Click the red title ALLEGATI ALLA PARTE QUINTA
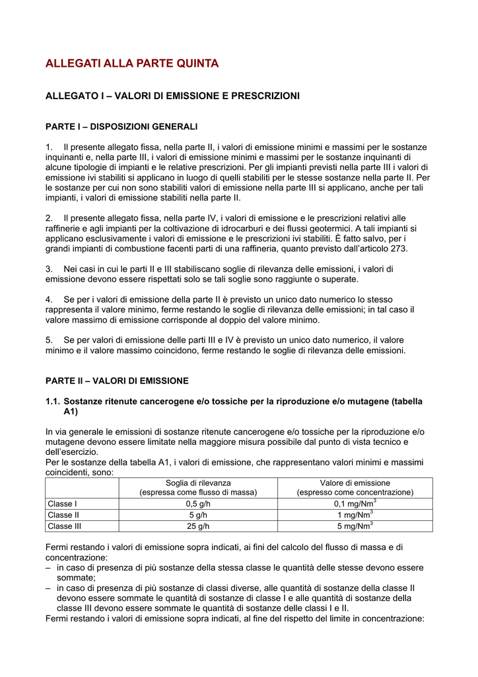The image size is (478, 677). [x=131, y=63]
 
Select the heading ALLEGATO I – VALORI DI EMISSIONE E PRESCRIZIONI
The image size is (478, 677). [x=172, y=97]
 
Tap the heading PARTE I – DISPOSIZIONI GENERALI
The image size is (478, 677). [x=121, y=126]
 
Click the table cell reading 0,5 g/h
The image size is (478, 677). [x=197, y=504]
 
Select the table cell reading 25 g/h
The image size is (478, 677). [x=197, y=526]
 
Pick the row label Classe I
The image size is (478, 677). [x=62, y=504]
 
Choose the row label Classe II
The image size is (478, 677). [x=63, y=515]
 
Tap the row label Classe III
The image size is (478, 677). [x=65, y=526]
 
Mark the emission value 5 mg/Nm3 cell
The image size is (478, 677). [x=357, y=526]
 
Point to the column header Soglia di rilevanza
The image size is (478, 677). [x=197, y=483]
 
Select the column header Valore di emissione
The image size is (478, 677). [x=355, y=483]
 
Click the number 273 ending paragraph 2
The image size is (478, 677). [x=399, y=249]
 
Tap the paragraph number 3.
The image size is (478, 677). [x=48, y=269]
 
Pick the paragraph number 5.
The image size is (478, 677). [x=48, y=340]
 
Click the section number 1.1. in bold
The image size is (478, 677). [x=53, y=401]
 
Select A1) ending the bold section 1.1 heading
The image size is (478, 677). [x=71, y=412]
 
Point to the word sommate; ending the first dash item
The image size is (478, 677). [x=76, y=577]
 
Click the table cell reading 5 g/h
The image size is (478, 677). [x=197, y=515]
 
